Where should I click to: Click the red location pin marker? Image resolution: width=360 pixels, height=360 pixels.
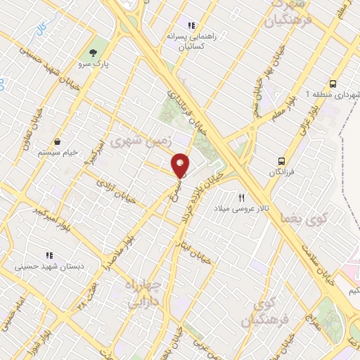pyautogui.click(x=181, y=165)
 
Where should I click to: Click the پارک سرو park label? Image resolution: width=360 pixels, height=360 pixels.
pyautogui.click(x=92, y=65)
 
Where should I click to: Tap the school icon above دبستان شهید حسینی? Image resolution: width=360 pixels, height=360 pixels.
pyautogui.click(x=49, y=255)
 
